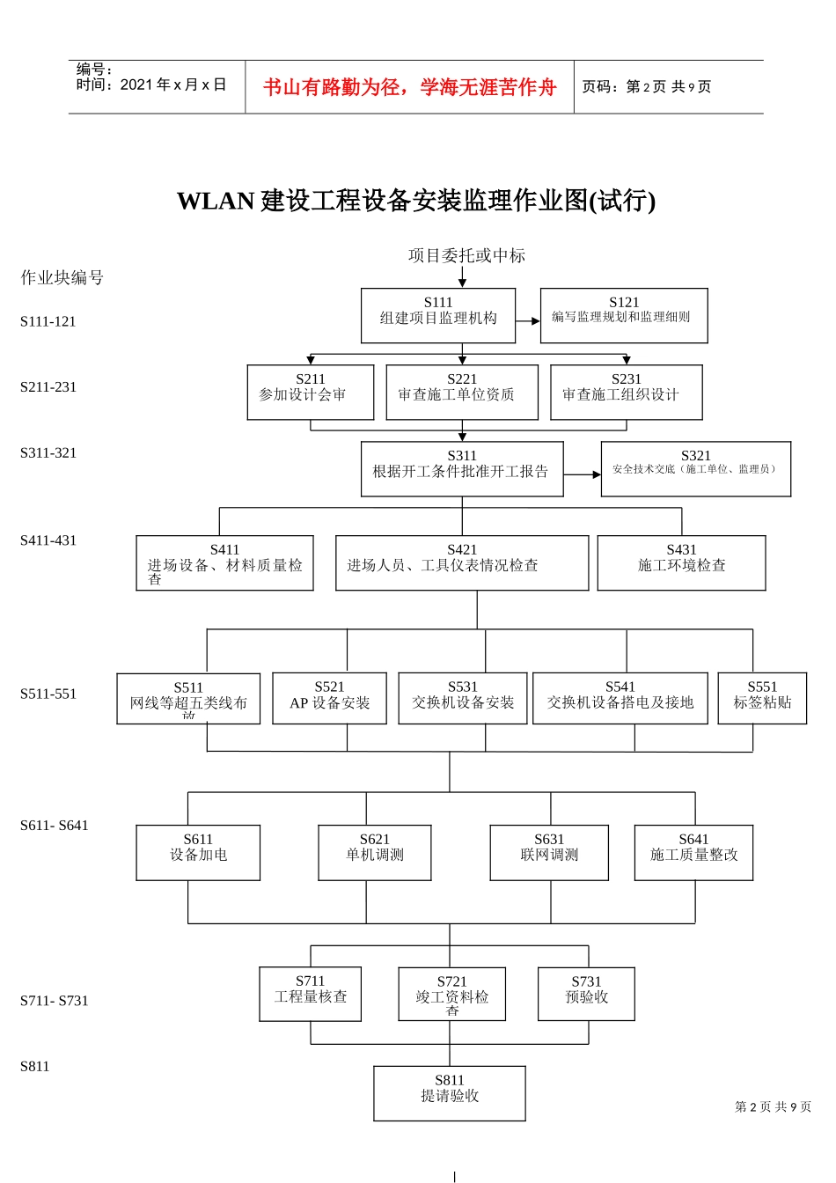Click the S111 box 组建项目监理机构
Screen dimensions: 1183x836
(x=437, y=315)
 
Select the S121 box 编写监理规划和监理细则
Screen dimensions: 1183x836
(x=623, y=315)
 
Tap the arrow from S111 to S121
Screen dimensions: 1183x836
(x=528, y=321)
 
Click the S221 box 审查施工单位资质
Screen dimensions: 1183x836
(x=461, y=393)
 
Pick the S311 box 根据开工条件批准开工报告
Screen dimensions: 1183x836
(x=461, y=469)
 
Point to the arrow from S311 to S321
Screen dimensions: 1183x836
(x=582, y=474)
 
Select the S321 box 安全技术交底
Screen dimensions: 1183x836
(x=695, y=468)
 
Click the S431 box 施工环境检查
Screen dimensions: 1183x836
(x=681, y=562)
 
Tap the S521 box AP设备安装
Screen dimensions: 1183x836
(x=329, y=699)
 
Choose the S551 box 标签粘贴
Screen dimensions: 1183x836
(x=762, y=699)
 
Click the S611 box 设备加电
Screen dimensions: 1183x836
(x=198, y=852)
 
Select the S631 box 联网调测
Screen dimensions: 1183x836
(x=549, y=852)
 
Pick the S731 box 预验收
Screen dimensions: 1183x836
(x=586, y=994)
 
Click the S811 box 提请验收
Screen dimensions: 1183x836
(x=449, y=1093)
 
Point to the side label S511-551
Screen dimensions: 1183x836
(x=48, y=694)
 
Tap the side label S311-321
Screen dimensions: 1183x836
(x=48, y=452)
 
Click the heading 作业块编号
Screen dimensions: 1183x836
(x=62, y=278)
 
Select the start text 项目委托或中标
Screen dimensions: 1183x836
(x=466, y=256)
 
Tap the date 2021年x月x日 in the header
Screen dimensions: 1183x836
(x=173, y=85)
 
